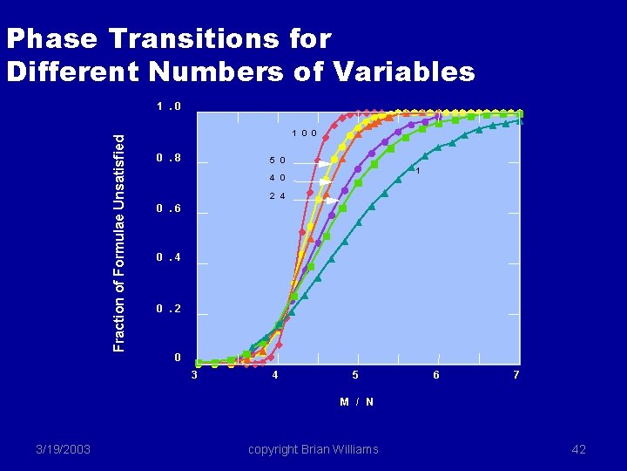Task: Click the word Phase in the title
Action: [x=51, y=39]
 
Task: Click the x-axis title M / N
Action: [x=357, y=401]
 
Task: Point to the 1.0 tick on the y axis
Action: [x=169, y=107]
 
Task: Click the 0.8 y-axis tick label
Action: [x=169, y=159]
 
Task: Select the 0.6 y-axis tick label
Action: [x=169, y=209]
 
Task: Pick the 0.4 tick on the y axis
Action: [x=169, y=258]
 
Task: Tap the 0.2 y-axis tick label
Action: [x=169, y=309]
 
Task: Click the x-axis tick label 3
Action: [x=194, y=375]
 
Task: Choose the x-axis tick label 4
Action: [x=275, y=375]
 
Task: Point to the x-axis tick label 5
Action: [x=355, y=375]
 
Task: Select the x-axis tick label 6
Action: [x=436, y=375]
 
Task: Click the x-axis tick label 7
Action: [x=516, y=375]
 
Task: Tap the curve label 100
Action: [x=304, y=133]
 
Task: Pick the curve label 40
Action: [x=278, y=178]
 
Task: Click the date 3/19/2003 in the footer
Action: [x=63, y=449]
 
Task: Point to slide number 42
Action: [x=579, y=449]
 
